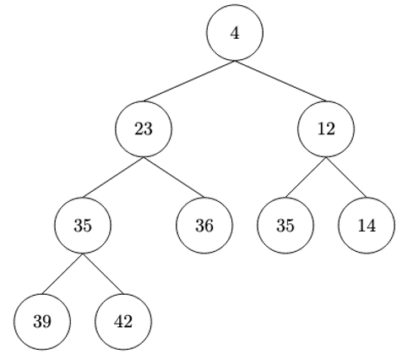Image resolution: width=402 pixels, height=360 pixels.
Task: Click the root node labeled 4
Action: (x=235, y=33)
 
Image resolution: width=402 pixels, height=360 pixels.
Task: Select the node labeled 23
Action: (x=144, y=129)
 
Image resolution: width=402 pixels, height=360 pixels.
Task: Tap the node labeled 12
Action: (x=326, y=129)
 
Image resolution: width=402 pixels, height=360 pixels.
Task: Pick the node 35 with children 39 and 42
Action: (x=82, y=226)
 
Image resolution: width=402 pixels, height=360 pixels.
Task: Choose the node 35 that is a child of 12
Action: (x=285, y=226)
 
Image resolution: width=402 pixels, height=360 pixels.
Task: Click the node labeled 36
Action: (x=204, y=226)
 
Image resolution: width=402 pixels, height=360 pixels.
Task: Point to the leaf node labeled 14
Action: (x=367, y=226)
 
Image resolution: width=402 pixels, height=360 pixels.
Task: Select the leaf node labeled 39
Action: (x=41, y=322)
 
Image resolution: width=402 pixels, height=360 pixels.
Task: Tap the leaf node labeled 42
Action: (x=123, y=322)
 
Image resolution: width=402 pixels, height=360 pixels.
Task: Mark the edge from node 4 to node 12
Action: (x=280, y=81)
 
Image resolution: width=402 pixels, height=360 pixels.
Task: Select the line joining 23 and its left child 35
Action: (x=112, y=177)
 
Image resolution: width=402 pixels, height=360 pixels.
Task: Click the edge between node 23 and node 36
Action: (x=174, y=177)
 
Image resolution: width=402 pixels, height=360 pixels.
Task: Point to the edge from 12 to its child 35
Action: (x=306, y=177)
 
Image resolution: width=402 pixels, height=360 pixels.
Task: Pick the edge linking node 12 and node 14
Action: (x=346, y=177)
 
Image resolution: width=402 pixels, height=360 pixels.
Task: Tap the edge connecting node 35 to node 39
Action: (x=62, y=274)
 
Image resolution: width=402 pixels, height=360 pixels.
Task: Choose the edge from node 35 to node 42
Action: (x=102, y=274)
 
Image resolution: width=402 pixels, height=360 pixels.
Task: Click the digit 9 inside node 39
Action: (x=46, y=322)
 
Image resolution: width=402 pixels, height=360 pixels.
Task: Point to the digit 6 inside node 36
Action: (x=208, y=226)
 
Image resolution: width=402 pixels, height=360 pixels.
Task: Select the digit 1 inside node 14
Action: (x=362, y=226)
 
